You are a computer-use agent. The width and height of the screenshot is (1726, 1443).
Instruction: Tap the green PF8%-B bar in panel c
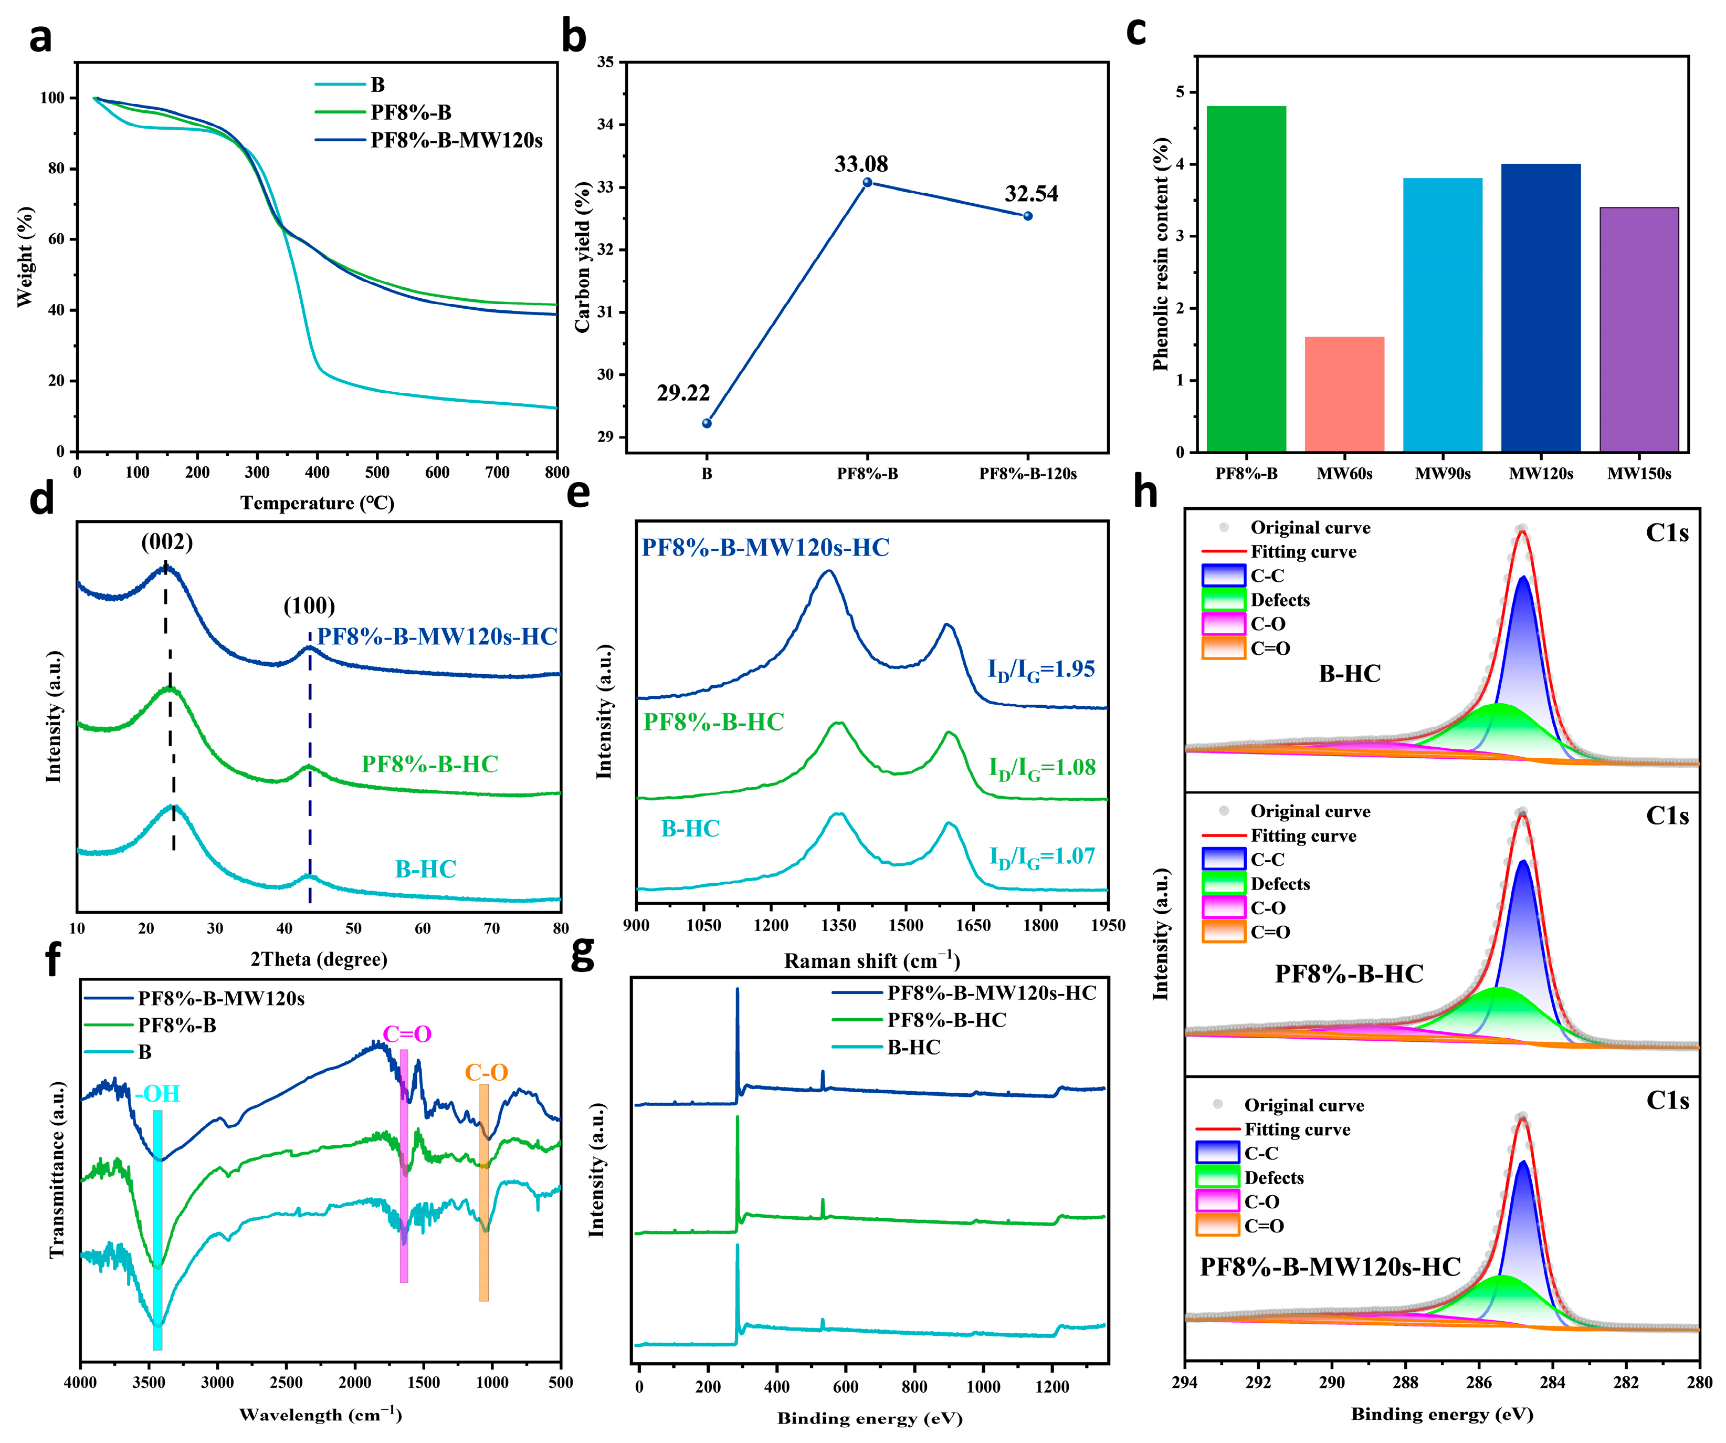(1246, 279)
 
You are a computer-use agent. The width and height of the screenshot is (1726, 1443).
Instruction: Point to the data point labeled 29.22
(707, 423)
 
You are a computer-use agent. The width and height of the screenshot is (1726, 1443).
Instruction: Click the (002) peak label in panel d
(167, 542)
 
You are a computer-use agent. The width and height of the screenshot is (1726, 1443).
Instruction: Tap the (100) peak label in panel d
(309, 606)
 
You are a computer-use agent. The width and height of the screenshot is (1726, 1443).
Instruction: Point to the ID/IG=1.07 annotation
(1041, 857)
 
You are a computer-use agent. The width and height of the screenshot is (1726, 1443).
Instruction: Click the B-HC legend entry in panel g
(913, 1048)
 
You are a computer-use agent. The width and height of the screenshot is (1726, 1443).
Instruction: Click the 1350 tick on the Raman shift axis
(838, 926)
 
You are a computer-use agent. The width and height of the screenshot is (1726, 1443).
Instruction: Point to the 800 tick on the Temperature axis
(556, 472)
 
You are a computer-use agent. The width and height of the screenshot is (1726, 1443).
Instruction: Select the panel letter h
(1145, 492)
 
